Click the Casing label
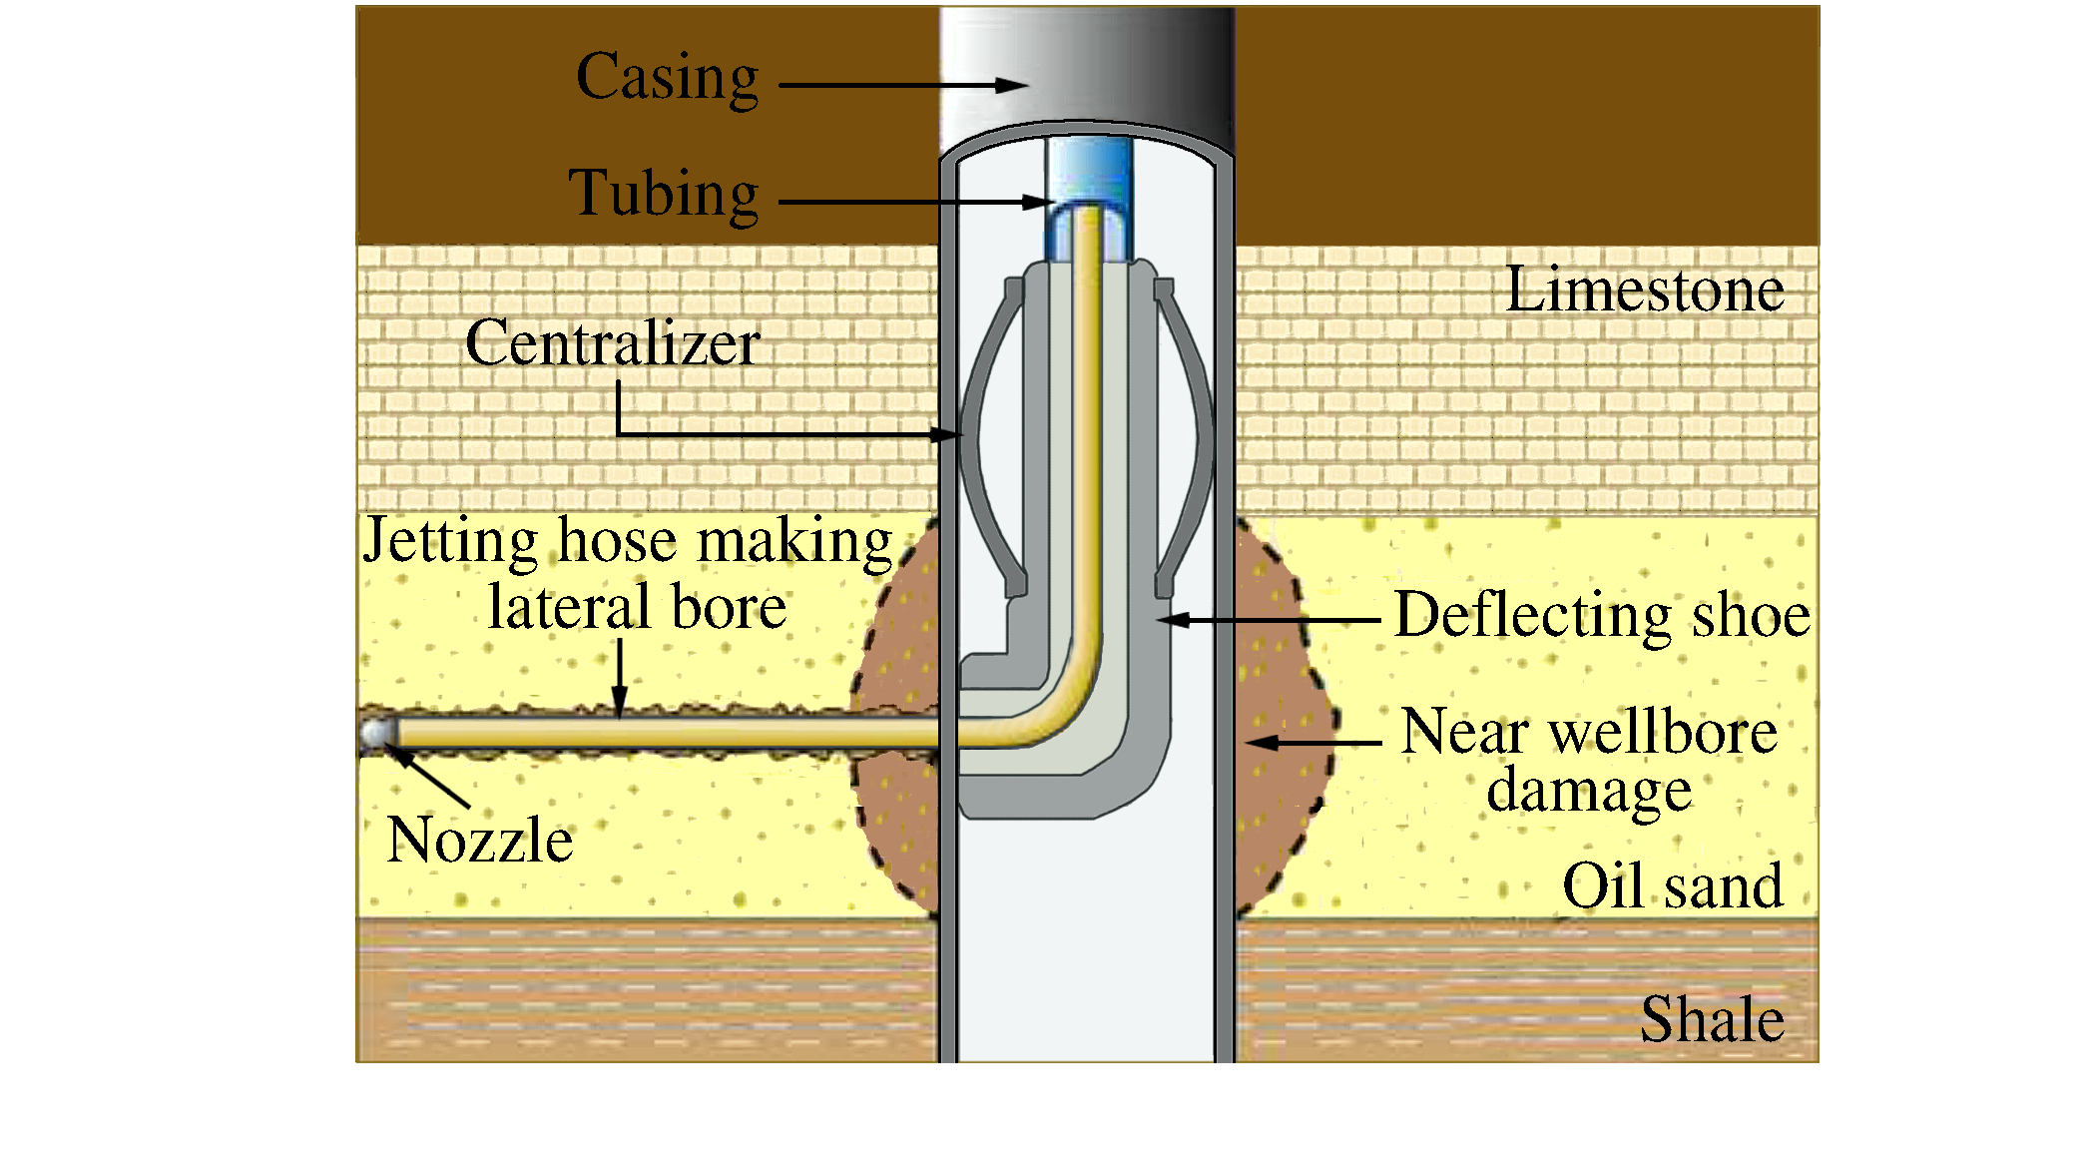point(667,78)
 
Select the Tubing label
point(664,193)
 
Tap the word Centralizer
point(613,343)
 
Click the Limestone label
point(1644,291)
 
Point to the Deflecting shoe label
point(1602,615)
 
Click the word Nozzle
point(479,840)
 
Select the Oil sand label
point(1673,886)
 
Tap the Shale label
point(1712,1020)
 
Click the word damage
point(1589,790)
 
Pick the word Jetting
point(450,542)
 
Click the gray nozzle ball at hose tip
point(377,734)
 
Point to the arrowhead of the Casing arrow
point(1013,85)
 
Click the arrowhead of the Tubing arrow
point(1040,203)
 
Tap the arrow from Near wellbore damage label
point(1312,743)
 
